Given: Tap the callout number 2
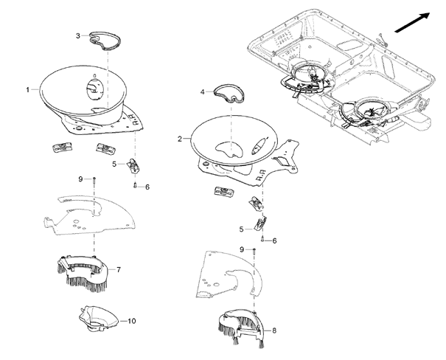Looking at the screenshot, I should click(179, 138).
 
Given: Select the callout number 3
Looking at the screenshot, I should click(78, 35).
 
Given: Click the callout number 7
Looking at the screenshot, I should click(119, 269).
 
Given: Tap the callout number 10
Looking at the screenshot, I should click(132, 321).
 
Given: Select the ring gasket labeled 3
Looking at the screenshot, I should click(103, 39).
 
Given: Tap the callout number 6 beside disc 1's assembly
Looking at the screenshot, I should click(147, 187).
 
